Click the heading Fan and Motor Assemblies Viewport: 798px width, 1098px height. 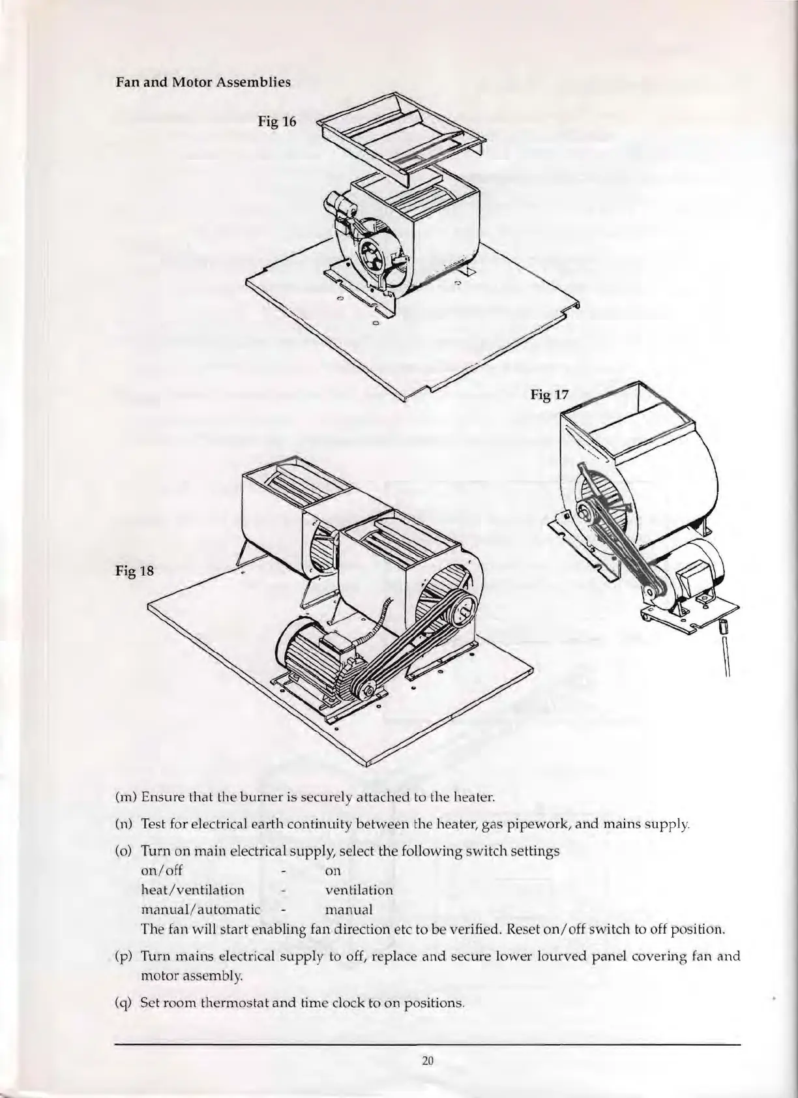203,83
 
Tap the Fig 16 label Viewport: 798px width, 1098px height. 277,121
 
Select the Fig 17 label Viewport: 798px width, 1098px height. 550,394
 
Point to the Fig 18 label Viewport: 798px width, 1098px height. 135,572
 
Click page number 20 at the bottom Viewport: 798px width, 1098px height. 428,1061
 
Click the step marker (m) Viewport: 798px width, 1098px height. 125,797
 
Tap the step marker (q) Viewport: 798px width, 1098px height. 124,1002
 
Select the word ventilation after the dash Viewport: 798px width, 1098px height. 359,890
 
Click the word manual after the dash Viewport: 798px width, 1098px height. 349,910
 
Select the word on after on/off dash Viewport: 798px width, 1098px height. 332,871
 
